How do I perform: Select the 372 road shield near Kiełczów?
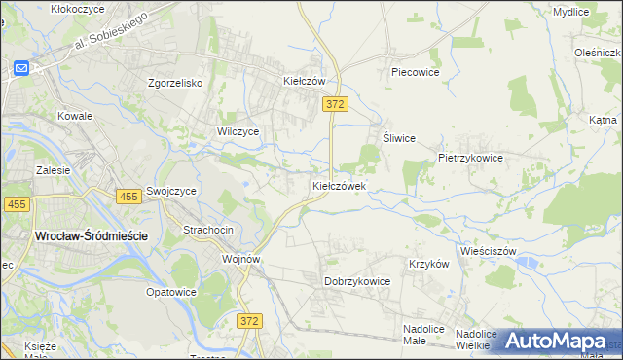click(x=336, y=104)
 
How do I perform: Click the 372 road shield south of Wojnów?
click(x=250, y=320)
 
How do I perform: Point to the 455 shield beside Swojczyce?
click(x=128, y=197)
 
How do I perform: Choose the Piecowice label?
click(x=416, y=72)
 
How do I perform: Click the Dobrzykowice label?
click(x=356, y=281)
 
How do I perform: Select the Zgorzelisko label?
click(x=174, y=83)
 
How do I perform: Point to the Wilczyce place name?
click(x=238, y=130)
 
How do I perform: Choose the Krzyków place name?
click(x=428, y=264)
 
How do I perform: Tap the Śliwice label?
click(x=399, y=138)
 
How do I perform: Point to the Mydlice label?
click(x=570, y=12)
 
